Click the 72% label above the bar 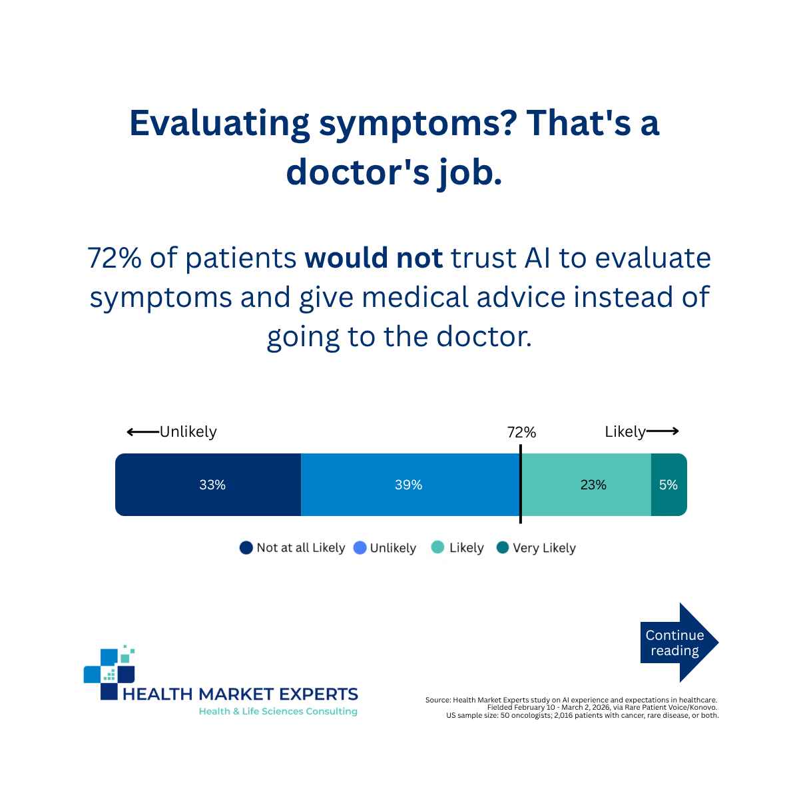521,433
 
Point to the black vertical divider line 521,484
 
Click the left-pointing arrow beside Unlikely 143,432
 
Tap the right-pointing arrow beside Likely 662,431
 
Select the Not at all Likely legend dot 246,548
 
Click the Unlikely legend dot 360,548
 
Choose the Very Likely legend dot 503,547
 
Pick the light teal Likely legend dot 438,547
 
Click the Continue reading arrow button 679,643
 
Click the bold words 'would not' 374,258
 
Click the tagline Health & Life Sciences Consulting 278,711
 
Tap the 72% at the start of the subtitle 115,258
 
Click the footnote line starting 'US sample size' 583,715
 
